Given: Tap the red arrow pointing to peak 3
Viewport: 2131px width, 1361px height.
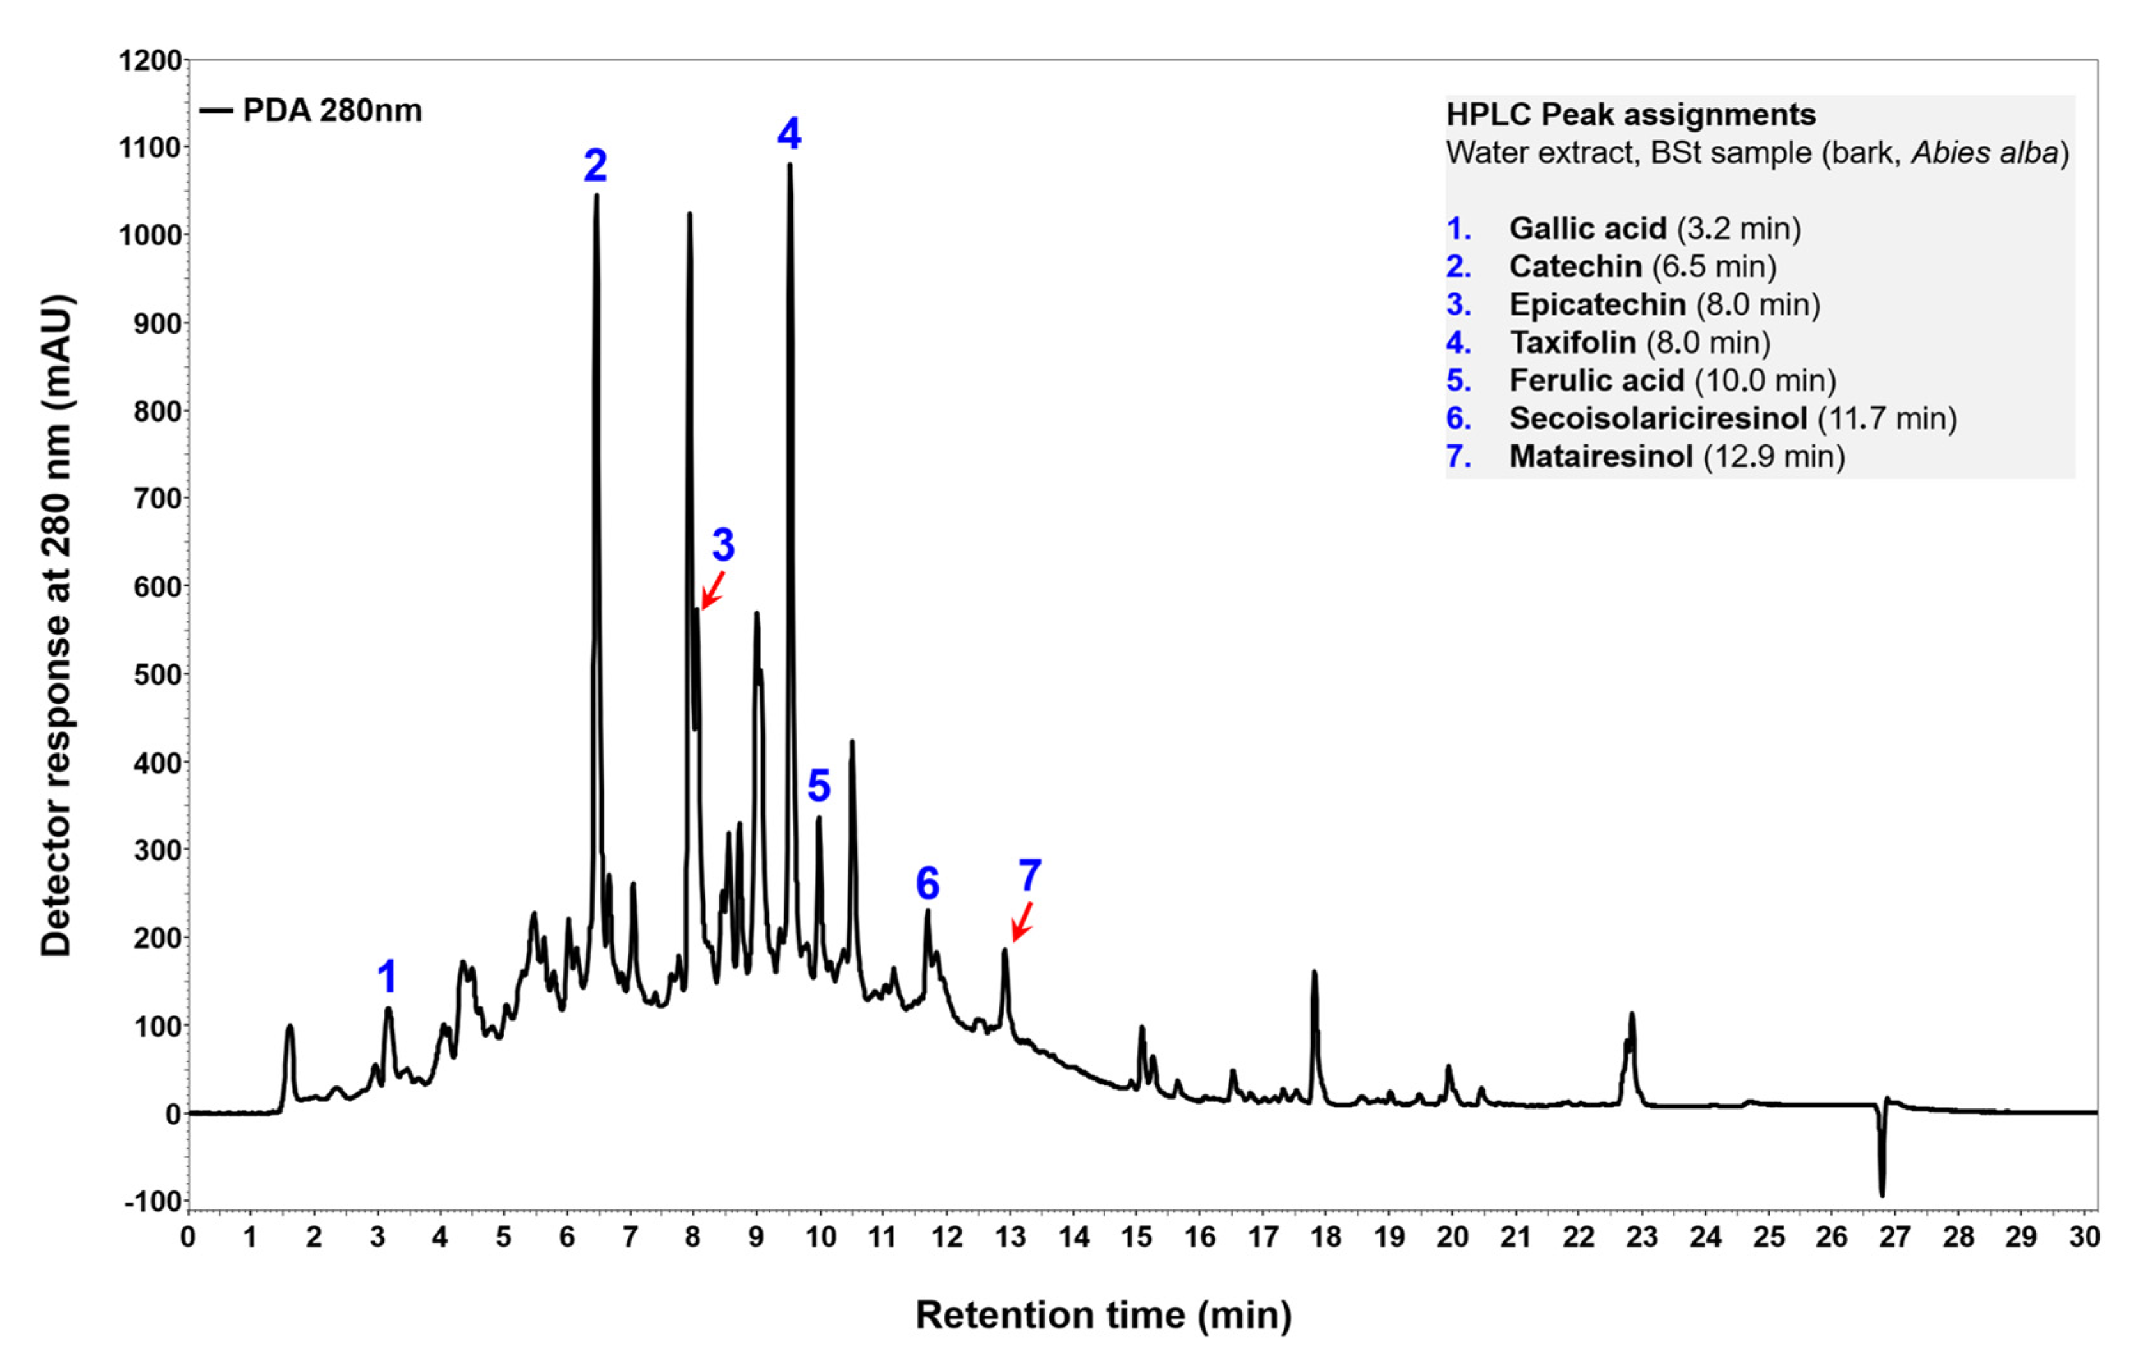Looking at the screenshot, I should coord(712,589).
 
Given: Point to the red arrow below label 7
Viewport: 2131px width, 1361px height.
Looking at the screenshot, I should coord(1022,921).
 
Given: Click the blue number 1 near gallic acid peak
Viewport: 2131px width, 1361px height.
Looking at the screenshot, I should coord(387,977).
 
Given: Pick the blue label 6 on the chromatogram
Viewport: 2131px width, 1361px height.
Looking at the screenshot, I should coord(926,882).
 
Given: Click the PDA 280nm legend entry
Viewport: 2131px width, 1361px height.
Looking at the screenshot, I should coord(311,111).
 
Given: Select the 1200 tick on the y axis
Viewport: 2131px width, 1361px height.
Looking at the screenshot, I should coord(150,61).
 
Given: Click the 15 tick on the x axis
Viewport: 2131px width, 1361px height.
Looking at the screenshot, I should coord(1136,1236).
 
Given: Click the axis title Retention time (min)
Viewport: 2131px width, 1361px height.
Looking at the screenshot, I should coord(1103,1314).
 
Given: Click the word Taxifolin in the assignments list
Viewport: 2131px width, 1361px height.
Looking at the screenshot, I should coord(1572,343).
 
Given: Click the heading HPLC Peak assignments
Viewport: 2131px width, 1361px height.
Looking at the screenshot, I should coord(1630,114).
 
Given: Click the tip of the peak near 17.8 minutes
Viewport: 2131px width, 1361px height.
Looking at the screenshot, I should coord(1314,974).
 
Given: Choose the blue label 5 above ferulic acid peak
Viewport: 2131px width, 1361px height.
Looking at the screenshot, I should coord(818,785).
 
